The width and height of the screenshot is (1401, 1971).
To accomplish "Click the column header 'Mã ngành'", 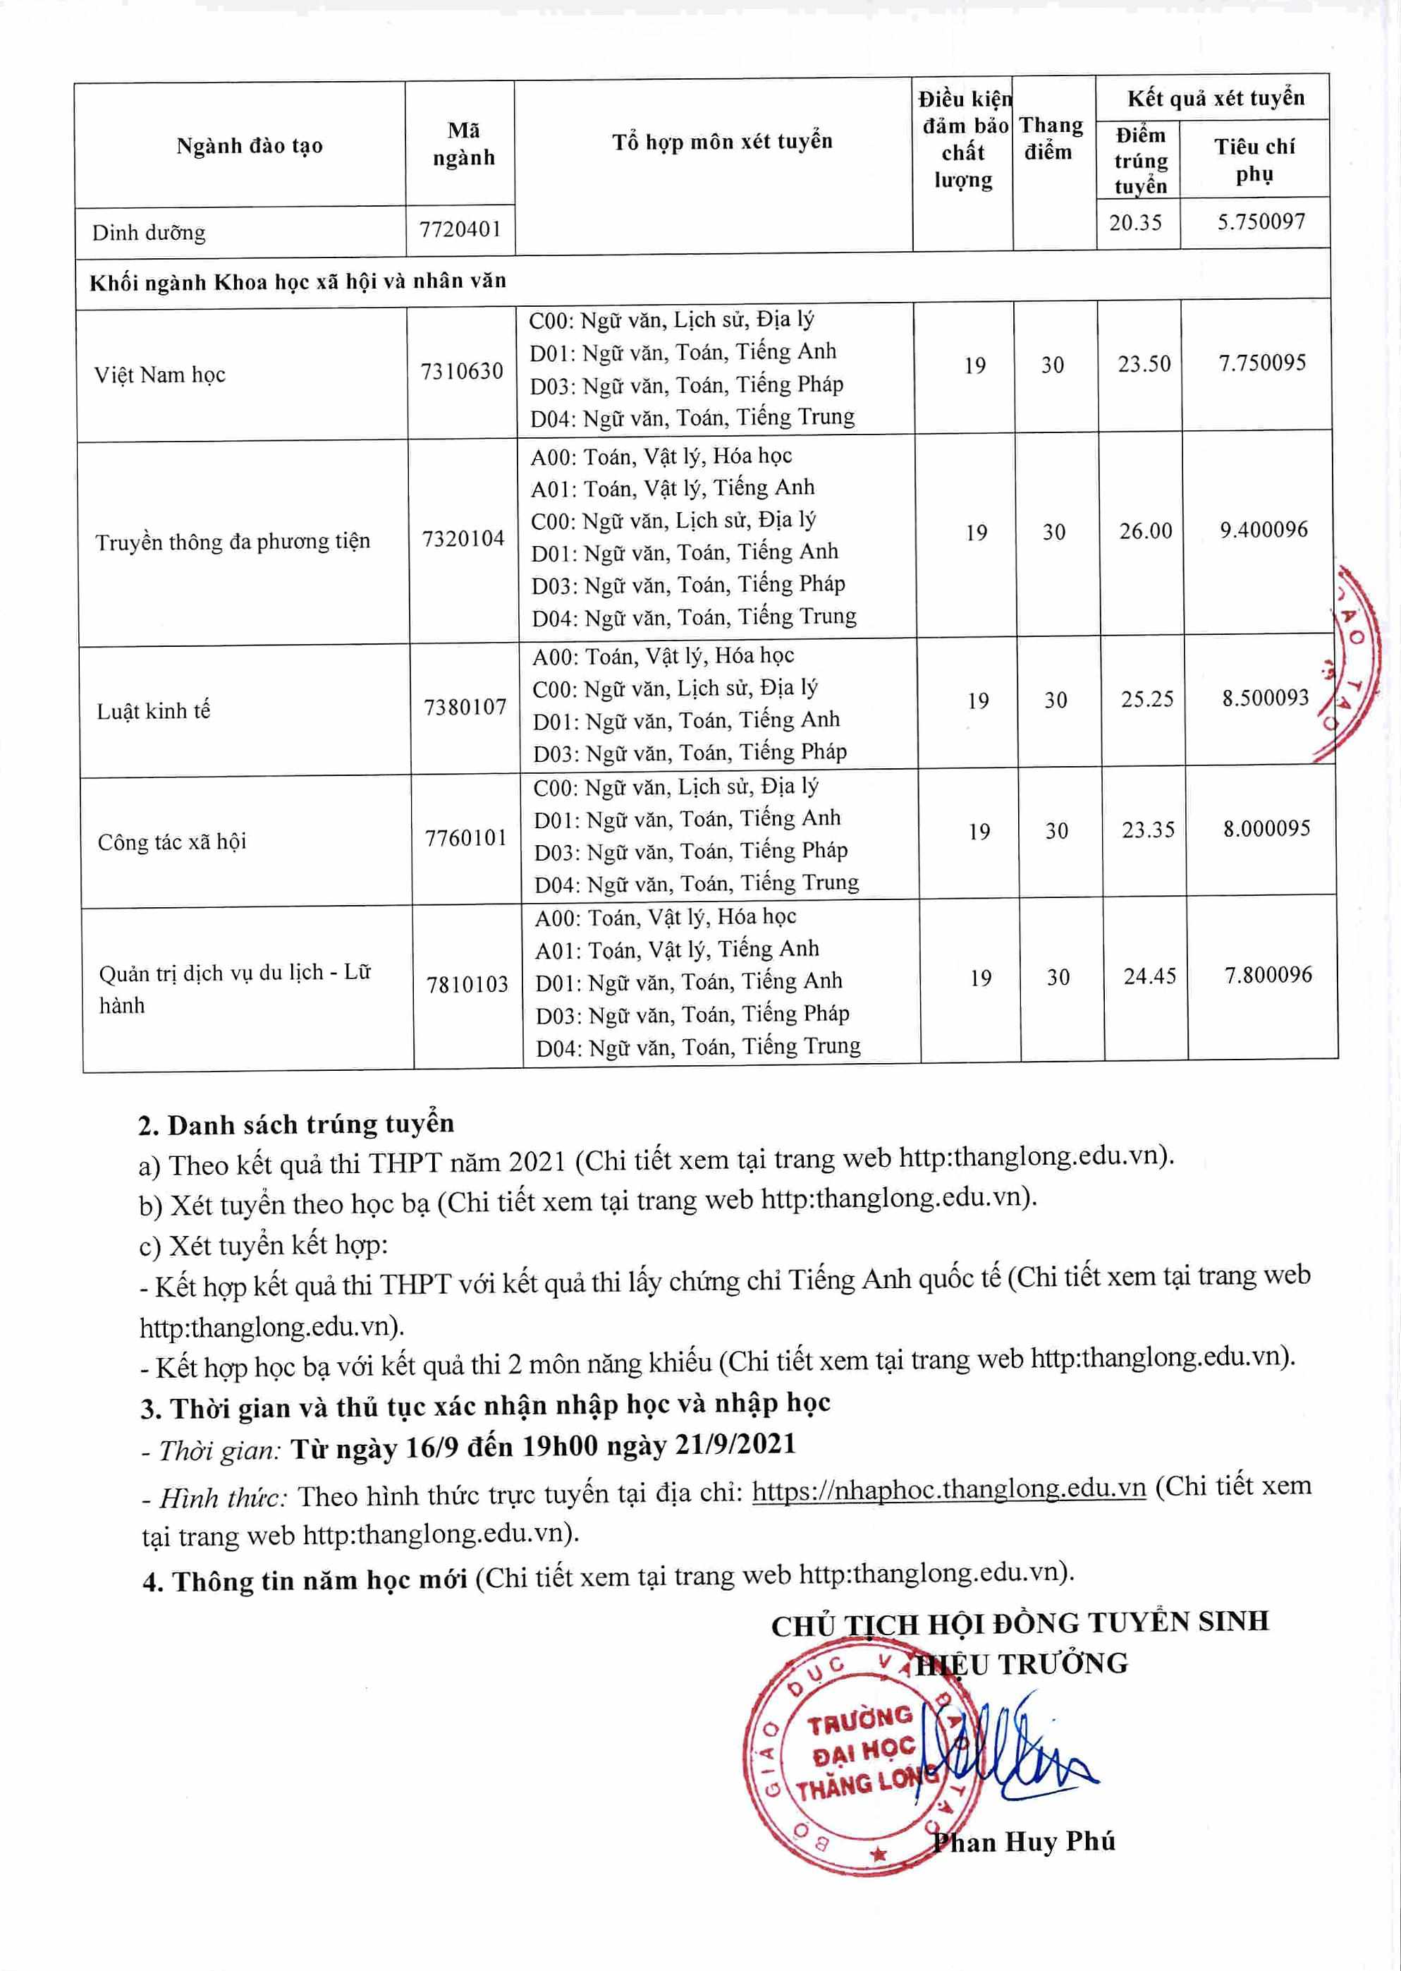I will pos(463,144).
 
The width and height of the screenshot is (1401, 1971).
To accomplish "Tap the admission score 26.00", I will pos(1146,530).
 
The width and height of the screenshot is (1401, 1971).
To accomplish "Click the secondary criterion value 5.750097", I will pos(1261,222).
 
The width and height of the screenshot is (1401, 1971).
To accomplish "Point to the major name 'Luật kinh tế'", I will pos(154,711).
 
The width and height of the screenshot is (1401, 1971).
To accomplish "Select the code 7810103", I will pos(467,984).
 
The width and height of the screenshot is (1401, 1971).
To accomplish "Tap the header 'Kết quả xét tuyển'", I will pos(1215,98).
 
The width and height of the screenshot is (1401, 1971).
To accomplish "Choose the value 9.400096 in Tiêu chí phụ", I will pos(1263,529).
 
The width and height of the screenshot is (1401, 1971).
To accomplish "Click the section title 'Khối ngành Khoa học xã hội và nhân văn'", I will pos(298,281).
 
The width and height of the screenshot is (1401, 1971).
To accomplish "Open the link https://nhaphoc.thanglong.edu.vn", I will pos(948,1488).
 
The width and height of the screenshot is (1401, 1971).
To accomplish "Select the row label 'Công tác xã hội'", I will pos(171,842).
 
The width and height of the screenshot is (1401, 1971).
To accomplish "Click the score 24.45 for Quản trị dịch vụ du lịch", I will pos(1149,976).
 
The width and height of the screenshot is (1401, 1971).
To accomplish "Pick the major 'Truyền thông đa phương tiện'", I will pos(232,542).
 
